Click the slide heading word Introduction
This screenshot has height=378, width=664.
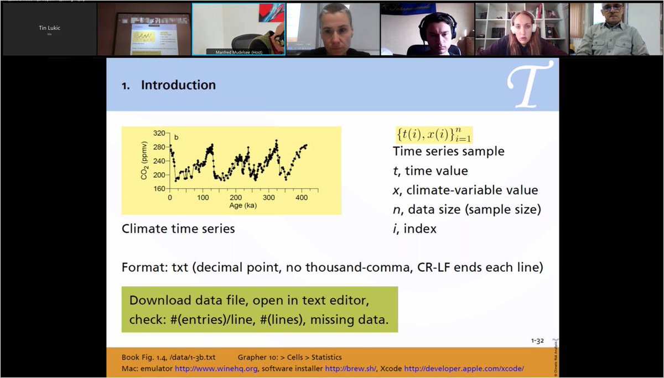[x=178, y=85]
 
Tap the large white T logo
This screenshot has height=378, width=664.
[x=530, y=84]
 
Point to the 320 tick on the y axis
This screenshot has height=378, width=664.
[x=159, y=133]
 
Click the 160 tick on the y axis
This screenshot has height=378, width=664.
[x=159, y=189]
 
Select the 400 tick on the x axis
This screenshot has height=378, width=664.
[x=302, y=198]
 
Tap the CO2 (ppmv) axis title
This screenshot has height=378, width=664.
[x=145, y=161]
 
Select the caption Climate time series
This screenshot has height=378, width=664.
[x=178, y=229]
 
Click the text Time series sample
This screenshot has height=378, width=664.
[x=448, y=151]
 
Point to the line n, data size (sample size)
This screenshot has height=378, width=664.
[x=466, y=209]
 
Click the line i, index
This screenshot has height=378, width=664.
[x=414, y=229]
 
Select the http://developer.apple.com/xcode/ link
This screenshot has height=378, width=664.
[x=464, y=368]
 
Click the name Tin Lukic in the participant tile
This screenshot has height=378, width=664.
[x=50, y=28]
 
